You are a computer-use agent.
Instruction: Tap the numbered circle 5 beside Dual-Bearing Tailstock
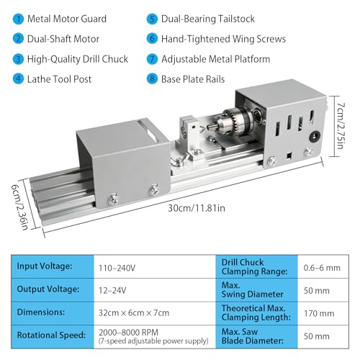(x=152, y=19)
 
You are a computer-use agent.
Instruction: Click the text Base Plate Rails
(x=204, y=79)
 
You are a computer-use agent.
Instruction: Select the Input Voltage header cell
(x=46, y=267)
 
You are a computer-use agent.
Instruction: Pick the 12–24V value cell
(x=114, y=290)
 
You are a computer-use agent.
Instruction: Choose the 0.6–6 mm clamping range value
(x=322, y=267)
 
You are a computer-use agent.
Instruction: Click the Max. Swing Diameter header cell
(x=248, y=290)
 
